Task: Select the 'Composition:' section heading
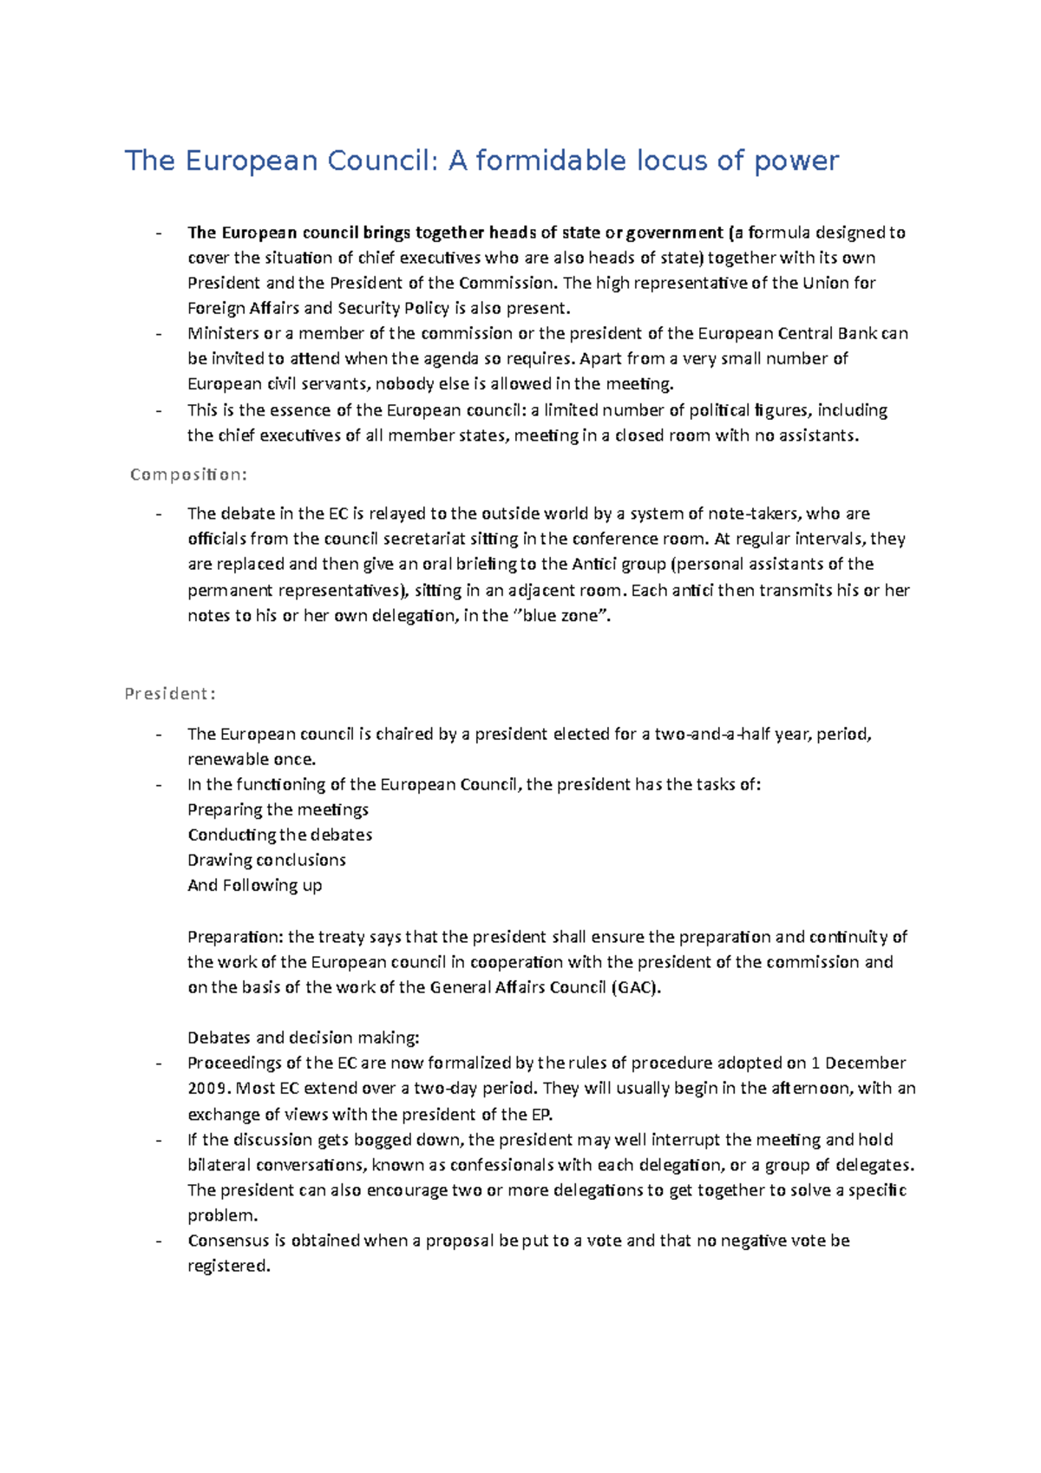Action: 188,475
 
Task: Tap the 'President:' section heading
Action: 170,694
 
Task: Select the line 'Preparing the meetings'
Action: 278,809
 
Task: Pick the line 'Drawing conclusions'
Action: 266,860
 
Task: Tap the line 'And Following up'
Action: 254,885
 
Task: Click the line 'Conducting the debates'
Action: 279,835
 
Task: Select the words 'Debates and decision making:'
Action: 303,1038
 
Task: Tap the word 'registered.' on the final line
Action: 229,1266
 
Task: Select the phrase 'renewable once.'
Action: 252,759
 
